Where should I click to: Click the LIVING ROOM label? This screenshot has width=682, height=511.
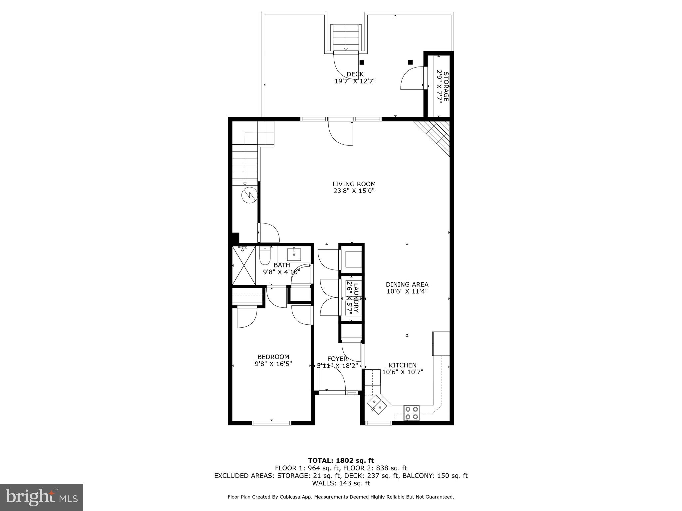click(x=354, y=184)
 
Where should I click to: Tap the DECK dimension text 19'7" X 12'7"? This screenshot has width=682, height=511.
click(x=355, y=81)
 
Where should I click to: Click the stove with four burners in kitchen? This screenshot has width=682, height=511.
click(x=411, y=413)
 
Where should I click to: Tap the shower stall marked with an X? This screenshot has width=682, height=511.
click(x=243, y=265)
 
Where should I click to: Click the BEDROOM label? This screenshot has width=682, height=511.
click(x=273, y=357)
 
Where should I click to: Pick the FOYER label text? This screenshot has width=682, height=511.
click(x=337, y=359)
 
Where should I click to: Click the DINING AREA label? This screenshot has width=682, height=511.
click(x=407, y=284)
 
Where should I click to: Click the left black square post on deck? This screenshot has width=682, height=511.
click(x=362, y=62)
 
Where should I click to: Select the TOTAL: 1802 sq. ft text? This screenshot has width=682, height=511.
click(x=341, y=461)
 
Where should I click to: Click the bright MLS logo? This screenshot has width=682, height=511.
click(x=42, y=497)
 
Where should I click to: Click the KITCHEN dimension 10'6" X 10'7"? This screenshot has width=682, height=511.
click(x=402, y=372)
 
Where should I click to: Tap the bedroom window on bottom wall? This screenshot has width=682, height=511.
click(x=272, y=423)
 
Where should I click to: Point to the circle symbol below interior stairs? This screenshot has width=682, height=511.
click(x=249, y=196)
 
